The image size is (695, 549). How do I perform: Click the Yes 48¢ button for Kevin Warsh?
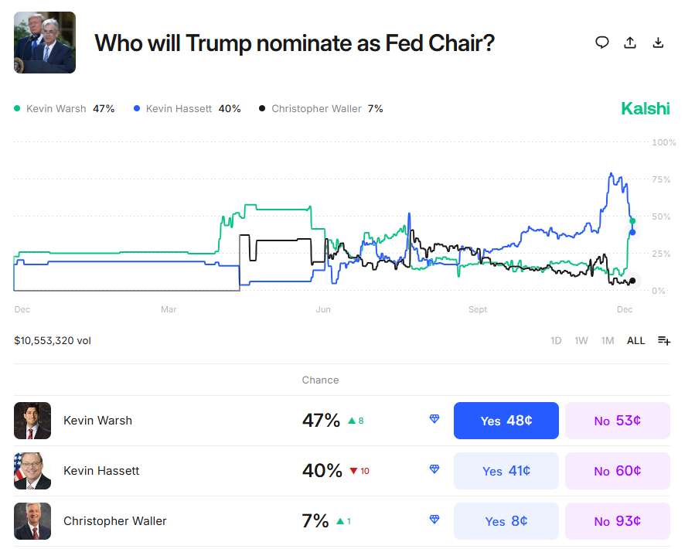tap(506, 421)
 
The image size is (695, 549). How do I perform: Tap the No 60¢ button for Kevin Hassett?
tap(617, 471)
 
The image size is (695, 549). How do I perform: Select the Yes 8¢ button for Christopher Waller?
tap(506, 521)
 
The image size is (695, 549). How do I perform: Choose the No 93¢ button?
tap(617, 521)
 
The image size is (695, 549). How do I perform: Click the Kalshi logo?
tap(646, 108)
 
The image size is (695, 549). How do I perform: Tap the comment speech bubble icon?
tap(602, 43)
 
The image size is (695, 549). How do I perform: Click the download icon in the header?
tap(658, 43)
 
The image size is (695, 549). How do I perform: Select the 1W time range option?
tap(581, 340)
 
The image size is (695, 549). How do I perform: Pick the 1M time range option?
tap(608, 340)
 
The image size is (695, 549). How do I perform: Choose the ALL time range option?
tap(635, 340)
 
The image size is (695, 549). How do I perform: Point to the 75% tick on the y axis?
tap(661, 179)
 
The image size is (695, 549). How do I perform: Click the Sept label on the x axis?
tap(478, 310)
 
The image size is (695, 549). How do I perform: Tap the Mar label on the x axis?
tap(169, 310)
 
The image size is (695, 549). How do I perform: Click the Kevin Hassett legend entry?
tap(187, 109)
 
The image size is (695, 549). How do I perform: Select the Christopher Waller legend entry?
tap(321, 109)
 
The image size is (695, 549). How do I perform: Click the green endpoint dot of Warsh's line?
tap(632, 221)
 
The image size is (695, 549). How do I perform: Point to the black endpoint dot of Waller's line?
tap(632, 281)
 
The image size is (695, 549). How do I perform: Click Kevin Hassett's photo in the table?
tap(32, 471)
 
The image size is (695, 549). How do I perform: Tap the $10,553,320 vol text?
tap(53, 340)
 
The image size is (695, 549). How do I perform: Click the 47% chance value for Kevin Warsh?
tap(321, 421)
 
